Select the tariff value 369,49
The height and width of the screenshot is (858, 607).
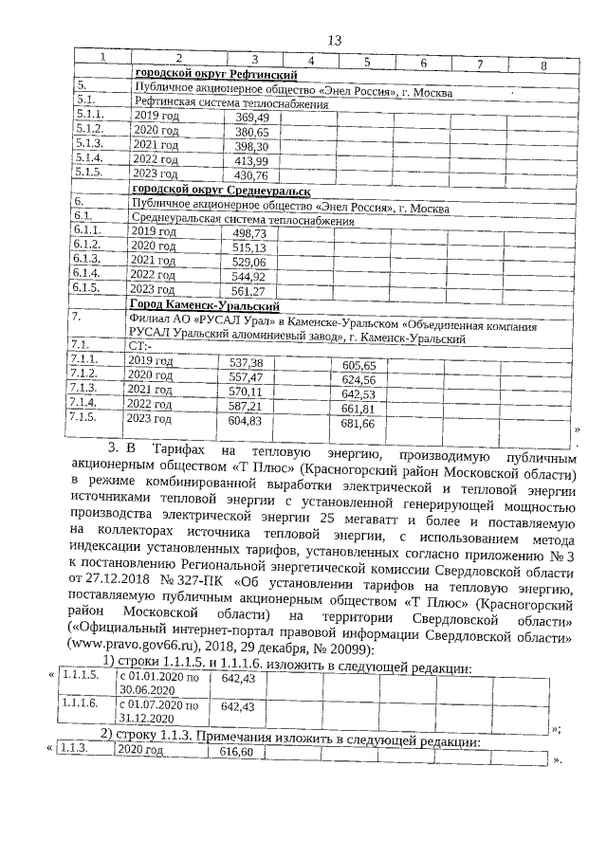[251, 117]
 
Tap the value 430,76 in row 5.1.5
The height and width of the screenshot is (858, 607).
[251, 175]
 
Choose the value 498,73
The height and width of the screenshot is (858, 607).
[249, 232]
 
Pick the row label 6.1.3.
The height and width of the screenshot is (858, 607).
[86, 260]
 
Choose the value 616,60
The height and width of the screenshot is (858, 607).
[237, 751]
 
